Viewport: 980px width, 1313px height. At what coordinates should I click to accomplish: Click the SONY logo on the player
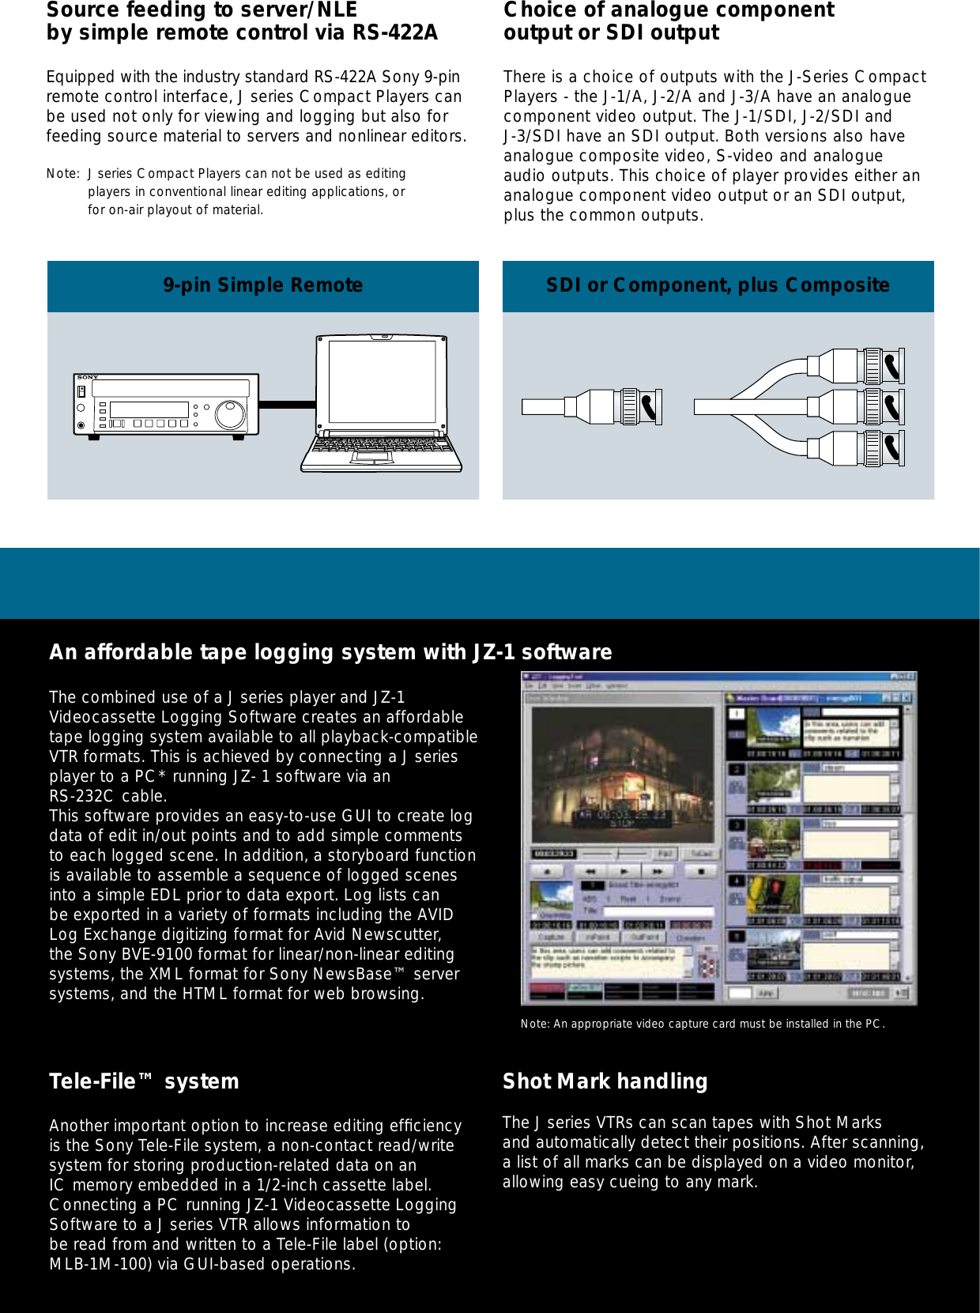coord(88,377)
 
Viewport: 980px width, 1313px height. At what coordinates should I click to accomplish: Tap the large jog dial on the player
coord(231,414)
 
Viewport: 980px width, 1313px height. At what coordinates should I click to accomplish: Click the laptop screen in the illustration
coord(382,381)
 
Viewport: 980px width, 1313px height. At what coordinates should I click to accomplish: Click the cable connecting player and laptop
coord(287,405)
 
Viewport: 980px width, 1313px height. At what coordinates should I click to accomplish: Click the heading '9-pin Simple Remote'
coord(263,285)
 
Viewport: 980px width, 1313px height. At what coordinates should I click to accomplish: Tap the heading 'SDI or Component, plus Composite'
coord(718,285)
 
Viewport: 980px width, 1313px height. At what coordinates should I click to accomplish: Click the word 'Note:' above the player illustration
coord(62,174)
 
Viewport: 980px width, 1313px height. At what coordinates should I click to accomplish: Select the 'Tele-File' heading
coord(143,1081)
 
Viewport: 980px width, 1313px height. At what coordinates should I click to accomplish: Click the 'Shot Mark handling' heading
coord(605,1081)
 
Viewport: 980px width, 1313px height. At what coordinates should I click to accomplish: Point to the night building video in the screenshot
coord(623,775)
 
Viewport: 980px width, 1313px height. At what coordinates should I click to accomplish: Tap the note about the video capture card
coord(702,1024)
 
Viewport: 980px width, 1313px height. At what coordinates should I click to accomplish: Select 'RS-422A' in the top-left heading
coord(394,33)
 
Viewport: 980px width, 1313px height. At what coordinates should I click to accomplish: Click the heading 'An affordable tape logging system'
coord(330,652)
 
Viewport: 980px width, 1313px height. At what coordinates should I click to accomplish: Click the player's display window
coord(149,409)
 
